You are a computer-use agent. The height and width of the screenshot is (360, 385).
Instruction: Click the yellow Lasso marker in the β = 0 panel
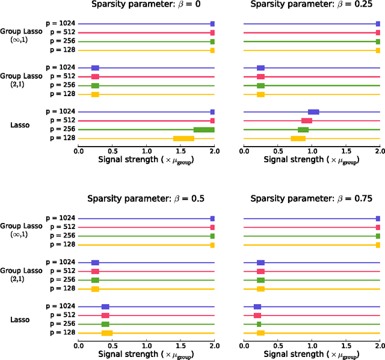pyautogui.click(x=183, y=138)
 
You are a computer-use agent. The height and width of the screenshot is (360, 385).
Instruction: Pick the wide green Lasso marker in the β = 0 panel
pyautogui.click(x=204, y=129)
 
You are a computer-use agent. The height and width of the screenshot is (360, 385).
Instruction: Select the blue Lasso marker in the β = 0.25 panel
pyautogui.click(x=313, y=112)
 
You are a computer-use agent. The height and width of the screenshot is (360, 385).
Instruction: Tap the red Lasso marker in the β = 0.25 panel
pyautogui.click(x=307, y=121)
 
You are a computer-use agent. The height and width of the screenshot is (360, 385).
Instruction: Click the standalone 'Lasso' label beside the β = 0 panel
pyautogui.click(x=22, y=125)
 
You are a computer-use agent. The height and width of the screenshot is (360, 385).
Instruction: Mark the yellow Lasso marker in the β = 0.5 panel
pyautogui.click(x=107, y=333)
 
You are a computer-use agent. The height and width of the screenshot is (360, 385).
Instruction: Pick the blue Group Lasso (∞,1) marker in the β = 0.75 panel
pyautogui.click(x=378, y=219)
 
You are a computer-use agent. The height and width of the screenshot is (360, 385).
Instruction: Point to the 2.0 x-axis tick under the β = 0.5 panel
pyautogui.click(x=214, y=345)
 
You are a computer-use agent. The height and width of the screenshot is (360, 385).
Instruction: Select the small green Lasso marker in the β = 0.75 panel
pyautogui.click(x=259, y=324)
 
